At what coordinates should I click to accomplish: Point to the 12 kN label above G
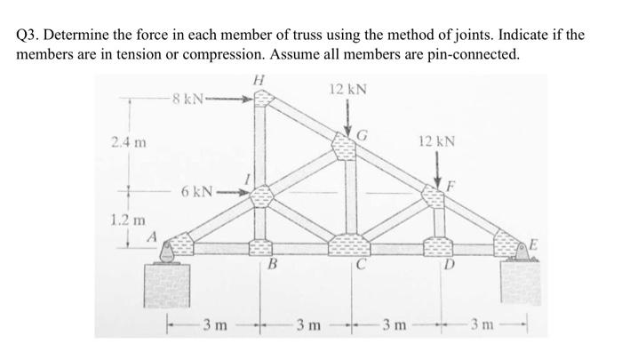[347, 90]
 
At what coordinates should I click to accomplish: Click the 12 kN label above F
[437, 142]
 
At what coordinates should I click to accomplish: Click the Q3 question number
[29, 36]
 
